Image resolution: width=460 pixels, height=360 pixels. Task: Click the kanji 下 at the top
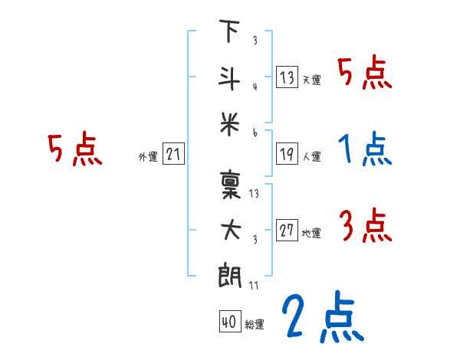pyautogui.click(x=229, y=33)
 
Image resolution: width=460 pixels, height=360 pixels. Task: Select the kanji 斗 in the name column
pyautogui.click(x=229, y=76)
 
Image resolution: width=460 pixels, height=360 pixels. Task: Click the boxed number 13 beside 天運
pyautogui.click(x=287, y=77)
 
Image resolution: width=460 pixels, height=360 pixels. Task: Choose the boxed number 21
pyautogui.click(x=173, y=155)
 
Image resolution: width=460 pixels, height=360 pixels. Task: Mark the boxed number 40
pyautogui.click(x=228, y=322)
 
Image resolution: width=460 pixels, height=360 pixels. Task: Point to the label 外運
pyautogui.click(x=148, y=157)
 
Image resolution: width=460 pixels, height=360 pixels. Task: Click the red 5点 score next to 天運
pyautogui.click(x=365, y=74)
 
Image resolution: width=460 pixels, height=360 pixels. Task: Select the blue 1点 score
pyautogui.click(x=365, y=150)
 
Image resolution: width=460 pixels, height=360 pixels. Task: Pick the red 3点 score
pyautogui.click(x=365, y=227)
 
